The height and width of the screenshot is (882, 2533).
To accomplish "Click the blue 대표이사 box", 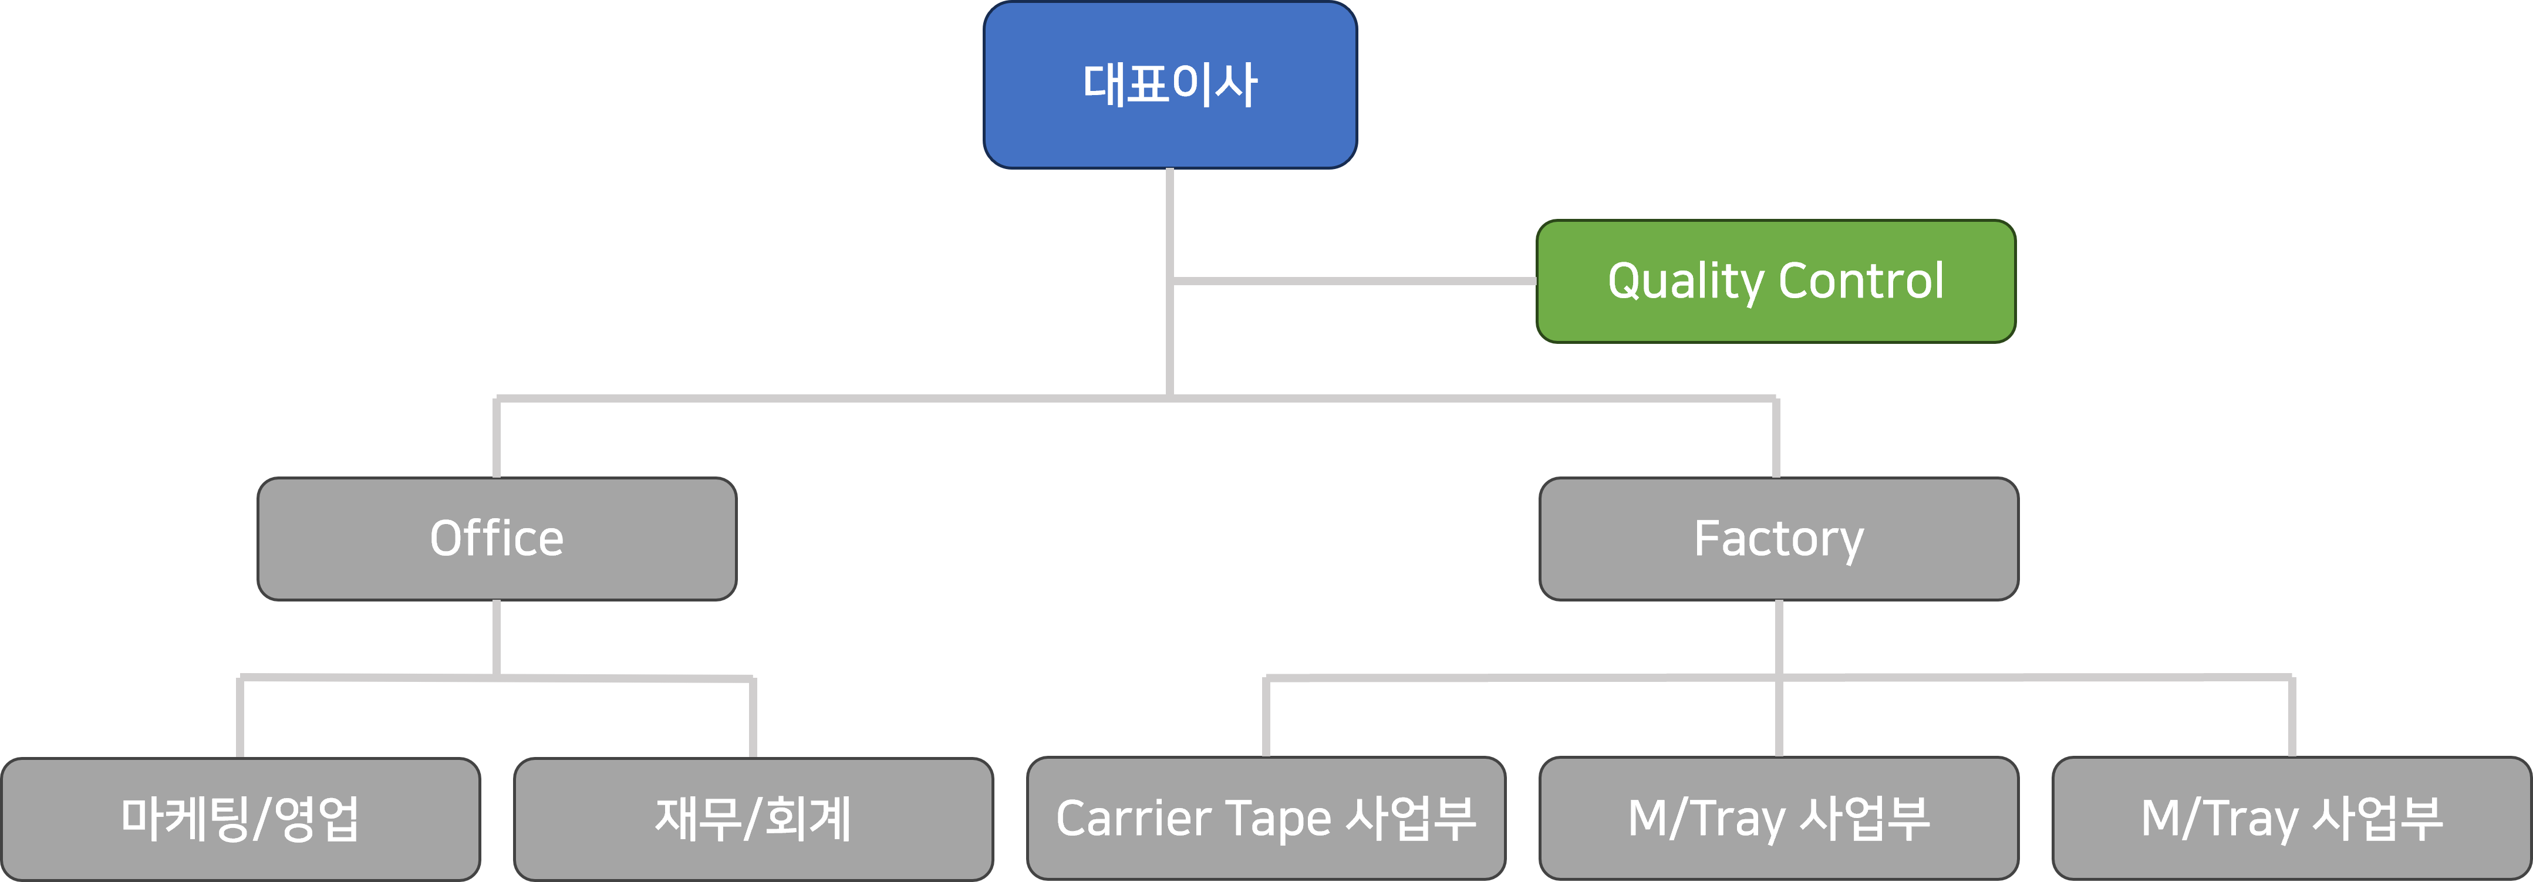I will [x=1170, y=85].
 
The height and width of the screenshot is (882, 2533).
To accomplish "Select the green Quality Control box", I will [x=1776, y=281].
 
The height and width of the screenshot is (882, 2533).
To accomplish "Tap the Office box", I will [x=497, y=539].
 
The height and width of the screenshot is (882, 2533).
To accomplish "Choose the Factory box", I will [x=1779, y=539].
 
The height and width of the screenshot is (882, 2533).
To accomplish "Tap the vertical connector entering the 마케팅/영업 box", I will [x=240, y=718].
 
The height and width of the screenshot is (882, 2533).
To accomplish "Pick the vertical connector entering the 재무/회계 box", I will [x=752, y=718].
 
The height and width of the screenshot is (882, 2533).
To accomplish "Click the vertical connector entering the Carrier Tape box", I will [x=1266, y=718].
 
